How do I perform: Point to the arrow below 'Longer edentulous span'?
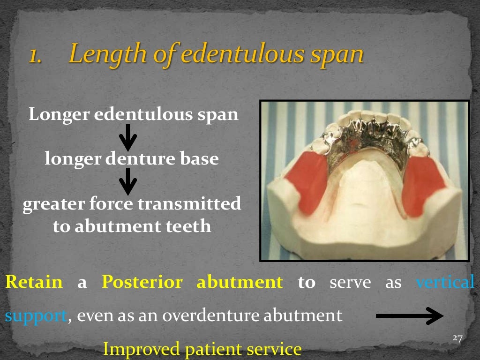click(127, 138)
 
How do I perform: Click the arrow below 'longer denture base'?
click(127, 181)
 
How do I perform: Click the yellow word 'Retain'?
click(33, 282)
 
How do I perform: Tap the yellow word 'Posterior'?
click(142, 283)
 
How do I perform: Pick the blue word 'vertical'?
click(445, 282)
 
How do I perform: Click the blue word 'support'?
click(35, 316)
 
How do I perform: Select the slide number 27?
click(457, 338)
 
